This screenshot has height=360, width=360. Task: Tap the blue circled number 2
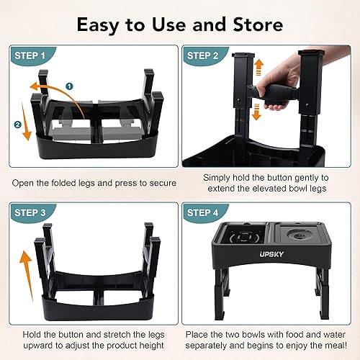pos(18,123)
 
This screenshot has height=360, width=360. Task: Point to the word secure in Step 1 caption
pos(161,183)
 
